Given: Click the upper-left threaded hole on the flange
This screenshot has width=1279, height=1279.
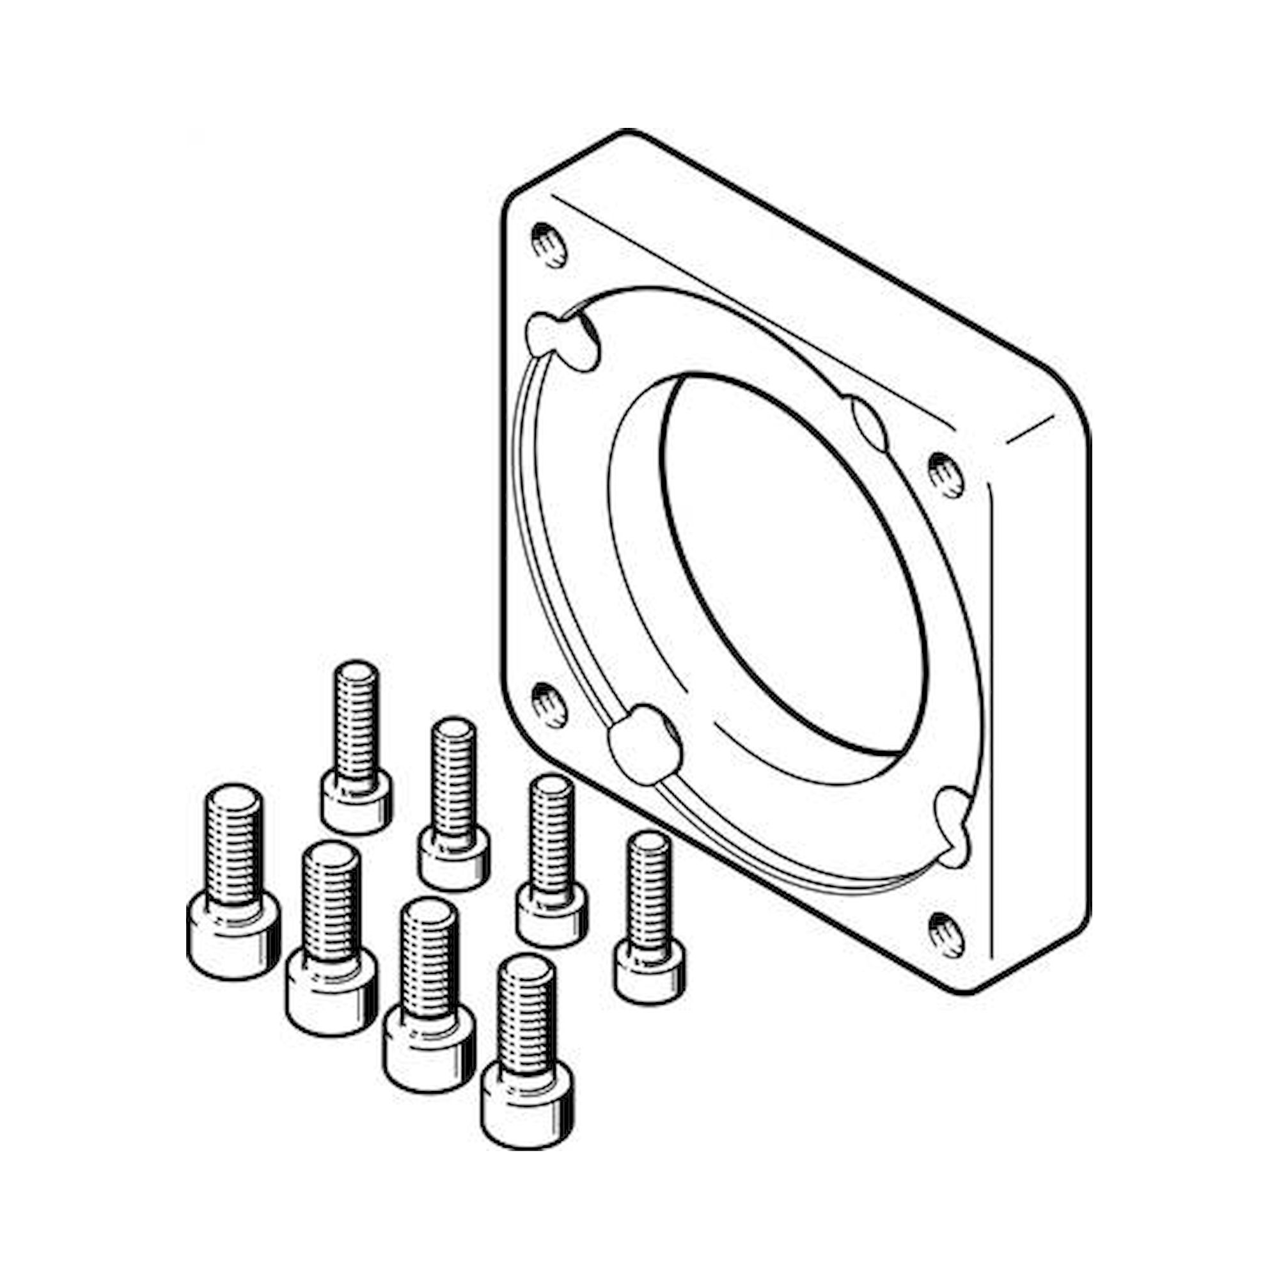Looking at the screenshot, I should (549, 245).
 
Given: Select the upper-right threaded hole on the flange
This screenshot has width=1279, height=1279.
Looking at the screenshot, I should (946, 474).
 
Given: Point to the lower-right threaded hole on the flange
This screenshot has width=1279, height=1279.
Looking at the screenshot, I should (946, 935).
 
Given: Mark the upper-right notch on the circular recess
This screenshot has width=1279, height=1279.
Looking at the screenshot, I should (868, 422).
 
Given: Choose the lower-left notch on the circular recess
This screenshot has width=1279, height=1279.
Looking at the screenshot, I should (643, 745).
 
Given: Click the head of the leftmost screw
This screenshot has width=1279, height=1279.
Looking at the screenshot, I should (233, 934).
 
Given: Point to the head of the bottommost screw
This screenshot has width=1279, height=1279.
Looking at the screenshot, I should (527, 1103).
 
